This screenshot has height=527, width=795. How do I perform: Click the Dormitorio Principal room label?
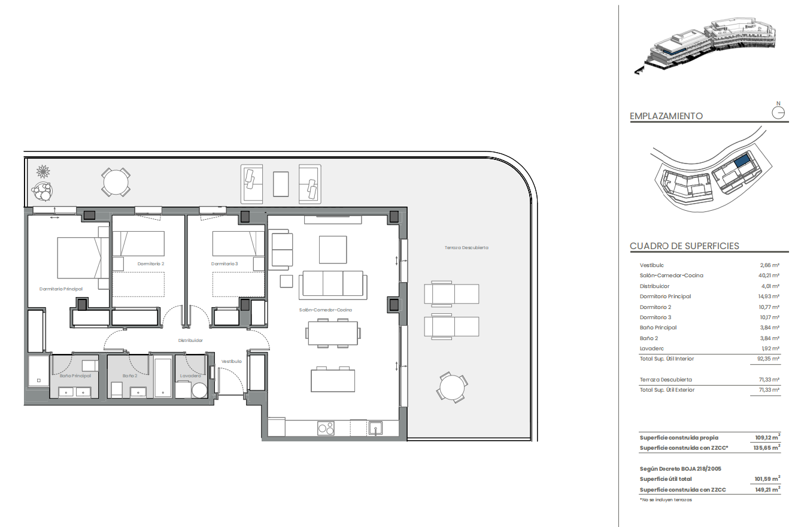(x=60, y=289)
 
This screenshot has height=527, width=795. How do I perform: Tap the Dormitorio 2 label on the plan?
(x=151, y=263)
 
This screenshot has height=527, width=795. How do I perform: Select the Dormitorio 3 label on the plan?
(x=224, y=263)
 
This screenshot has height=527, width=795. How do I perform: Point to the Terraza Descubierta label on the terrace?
(x=466, y=247)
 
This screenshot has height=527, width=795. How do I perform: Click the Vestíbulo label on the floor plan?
(x=232, y=361)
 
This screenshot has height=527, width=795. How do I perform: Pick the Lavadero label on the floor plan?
(x=190, y=375)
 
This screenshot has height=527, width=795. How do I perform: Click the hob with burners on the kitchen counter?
(x=326, y=428)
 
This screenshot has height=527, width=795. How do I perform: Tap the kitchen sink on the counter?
(x=375, y=428)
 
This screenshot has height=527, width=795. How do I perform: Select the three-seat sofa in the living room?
(x=333, y=285)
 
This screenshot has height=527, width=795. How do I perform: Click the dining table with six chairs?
(x=333, y=333)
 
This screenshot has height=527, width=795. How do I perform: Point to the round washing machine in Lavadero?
(x=199, y=390)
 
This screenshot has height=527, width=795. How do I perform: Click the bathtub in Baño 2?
(x=163, y=377)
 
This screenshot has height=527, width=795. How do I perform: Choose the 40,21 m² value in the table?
(x=769, y=275)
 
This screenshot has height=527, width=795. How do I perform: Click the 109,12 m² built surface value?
(x=767, y=437)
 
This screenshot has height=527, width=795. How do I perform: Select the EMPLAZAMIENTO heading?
(x=666, y=116)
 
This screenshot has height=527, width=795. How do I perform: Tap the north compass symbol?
(x=778, y=111)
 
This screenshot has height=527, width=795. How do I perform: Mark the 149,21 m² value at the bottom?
(x=767, y=489)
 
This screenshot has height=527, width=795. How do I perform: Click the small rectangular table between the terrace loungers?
(x=281, y=184)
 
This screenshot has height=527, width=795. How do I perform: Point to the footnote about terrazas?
(x=666, y=499)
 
